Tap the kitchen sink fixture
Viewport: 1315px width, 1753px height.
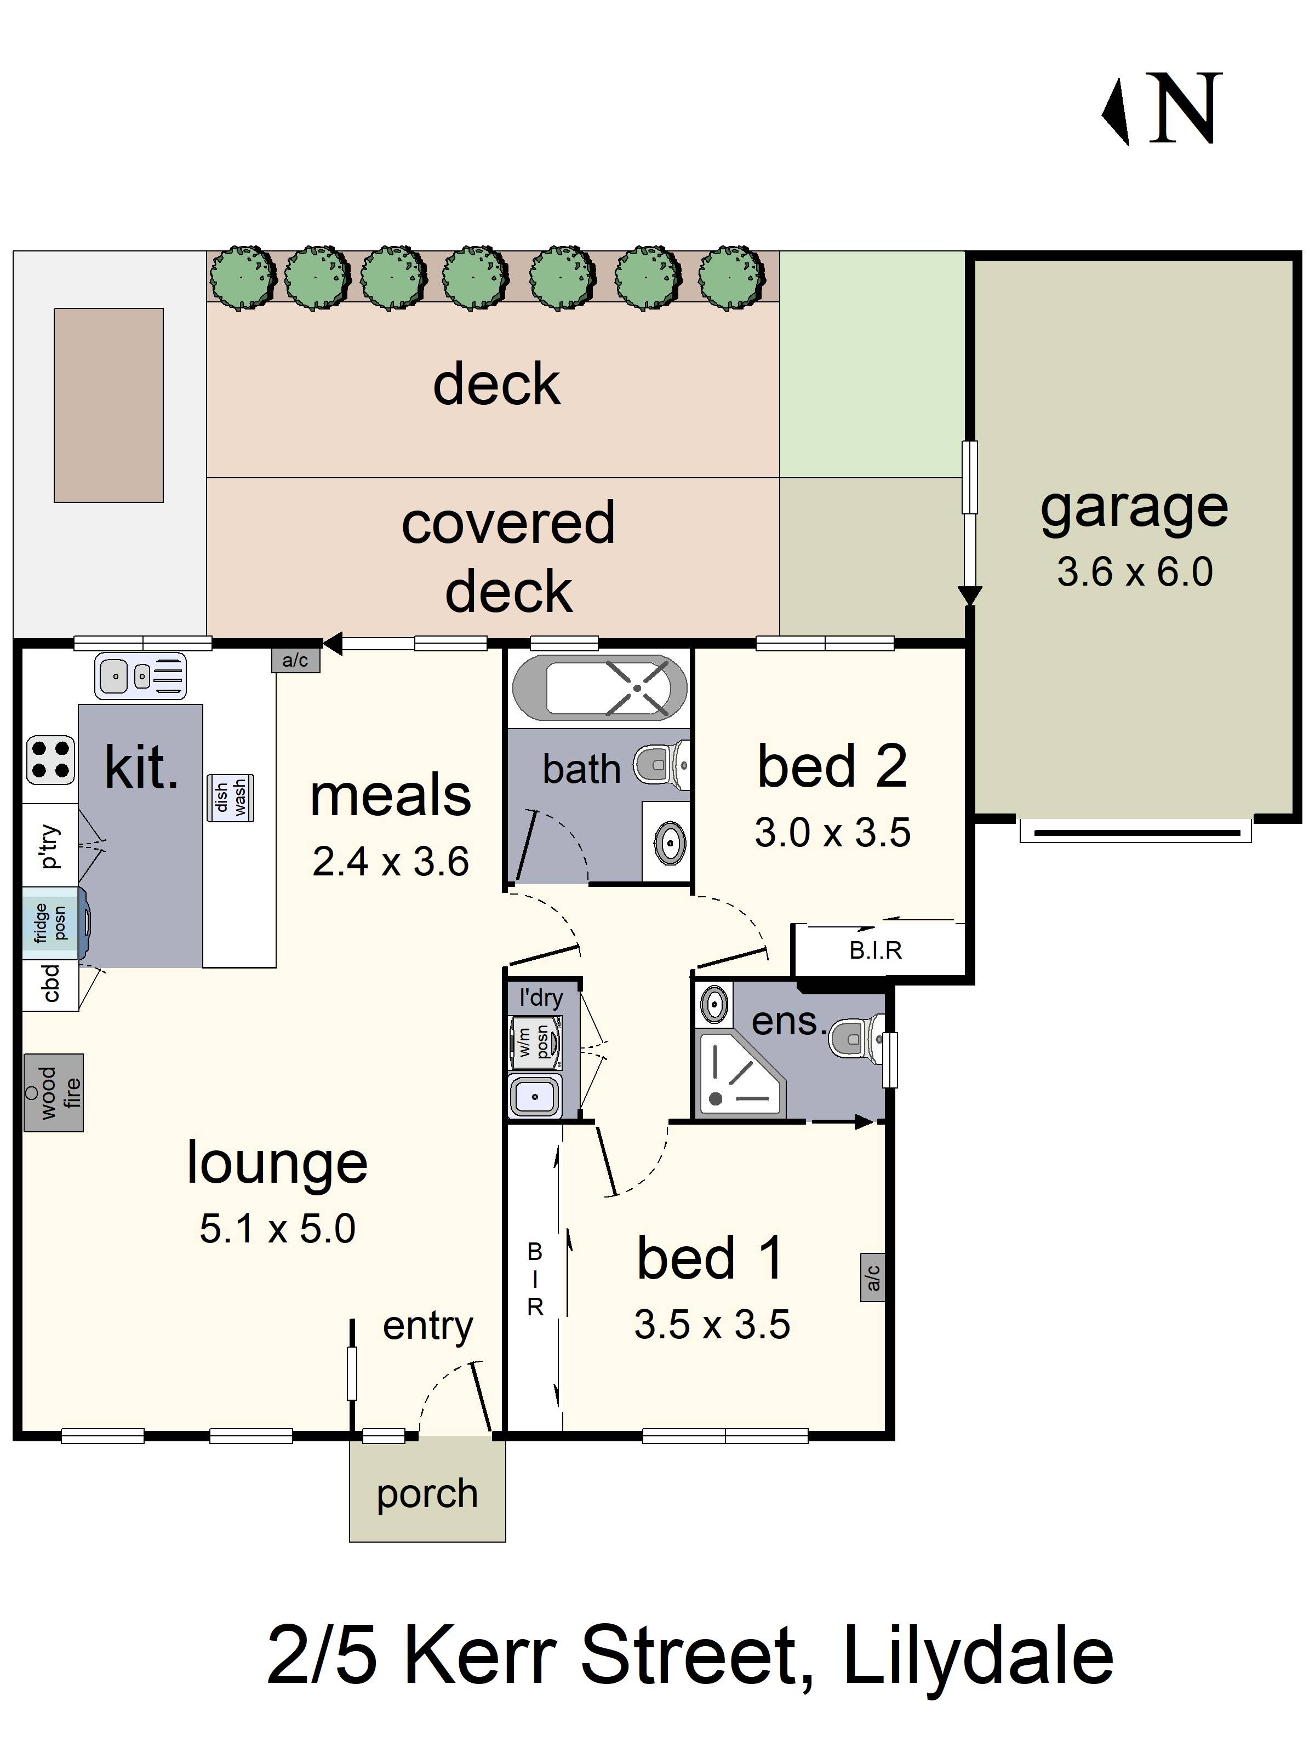[140, 676]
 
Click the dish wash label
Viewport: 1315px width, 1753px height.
[230, 797]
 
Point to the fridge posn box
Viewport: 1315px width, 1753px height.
[50, 923]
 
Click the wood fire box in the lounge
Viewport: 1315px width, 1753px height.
[53, 1091]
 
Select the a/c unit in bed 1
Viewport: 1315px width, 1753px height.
[872, 1277]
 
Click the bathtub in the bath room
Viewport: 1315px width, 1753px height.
[600, 687]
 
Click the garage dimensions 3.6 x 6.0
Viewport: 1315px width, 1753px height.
[1134, 572]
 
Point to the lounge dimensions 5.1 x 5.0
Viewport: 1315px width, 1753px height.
[277, 1228]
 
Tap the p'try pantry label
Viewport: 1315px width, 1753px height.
[49, 846]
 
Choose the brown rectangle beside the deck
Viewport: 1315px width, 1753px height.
[108, 405]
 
